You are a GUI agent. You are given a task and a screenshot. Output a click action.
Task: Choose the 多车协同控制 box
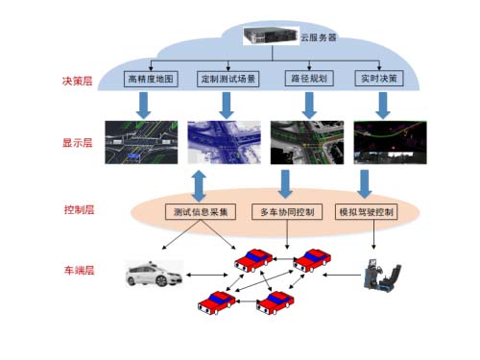click(287, 211)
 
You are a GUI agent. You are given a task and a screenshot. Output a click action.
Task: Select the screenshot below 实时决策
click(386, 141)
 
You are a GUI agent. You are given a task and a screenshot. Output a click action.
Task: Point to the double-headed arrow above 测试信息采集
click(200, 182)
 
